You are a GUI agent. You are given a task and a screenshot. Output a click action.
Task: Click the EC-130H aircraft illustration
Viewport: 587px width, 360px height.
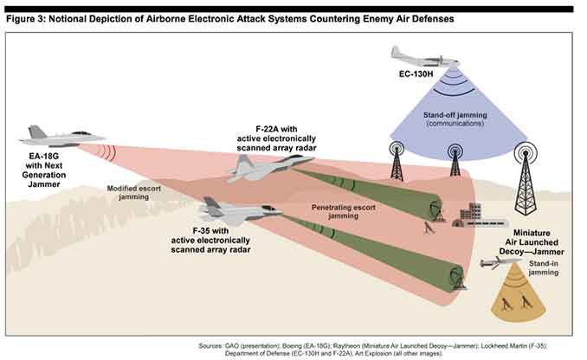[425, 57]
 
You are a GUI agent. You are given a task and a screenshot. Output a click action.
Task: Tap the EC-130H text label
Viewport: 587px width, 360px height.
[416, 74]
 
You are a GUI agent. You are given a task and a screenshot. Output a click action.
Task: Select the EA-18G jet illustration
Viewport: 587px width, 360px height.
[61, 137]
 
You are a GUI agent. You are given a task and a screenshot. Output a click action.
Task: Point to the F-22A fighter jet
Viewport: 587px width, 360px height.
[270, 167]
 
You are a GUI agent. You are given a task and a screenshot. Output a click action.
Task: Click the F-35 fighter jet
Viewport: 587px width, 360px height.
[240, 210]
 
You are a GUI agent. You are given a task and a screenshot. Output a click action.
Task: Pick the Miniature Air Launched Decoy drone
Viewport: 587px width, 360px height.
[500, 262]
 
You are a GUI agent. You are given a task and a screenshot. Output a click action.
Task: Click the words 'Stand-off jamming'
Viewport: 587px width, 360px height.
[455, 115]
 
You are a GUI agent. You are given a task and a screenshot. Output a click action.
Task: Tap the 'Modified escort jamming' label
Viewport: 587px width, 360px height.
[133, 193]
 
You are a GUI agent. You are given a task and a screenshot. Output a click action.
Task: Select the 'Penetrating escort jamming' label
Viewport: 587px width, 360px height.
[344, 211]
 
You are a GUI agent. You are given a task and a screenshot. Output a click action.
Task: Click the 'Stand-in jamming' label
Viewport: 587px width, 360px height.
[543, 268]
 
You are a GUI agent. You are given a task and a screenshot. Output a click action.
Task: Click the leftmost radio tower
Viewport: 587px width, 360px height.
[397, 161]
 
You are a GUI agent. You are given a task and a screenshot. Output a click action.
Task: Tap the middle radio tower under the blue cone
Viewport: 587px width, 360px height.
[455, 160]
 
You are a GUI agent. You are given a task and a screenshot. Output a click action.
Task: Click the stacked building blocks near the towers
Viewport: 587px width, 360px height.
[470, 212]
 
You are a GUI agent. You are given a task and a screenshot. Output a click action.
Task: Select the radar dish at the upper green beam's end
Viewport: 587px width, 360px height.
[436, 210]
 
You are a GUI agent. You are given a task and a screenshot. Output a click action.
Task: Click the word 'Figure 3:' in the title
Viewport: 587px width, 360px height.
[25, 19]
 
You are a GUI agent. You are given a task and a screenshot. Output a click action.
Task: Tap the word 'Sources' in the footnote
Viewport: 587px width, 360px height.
[210, 346]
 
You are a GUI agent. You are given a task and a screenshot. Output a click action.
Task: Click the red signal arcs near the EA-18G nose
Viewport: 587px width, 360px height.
[108, 152]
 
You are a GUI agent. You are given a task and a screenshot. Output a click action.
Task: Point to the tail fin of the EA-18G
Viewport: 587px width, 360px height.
[36, 132]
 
